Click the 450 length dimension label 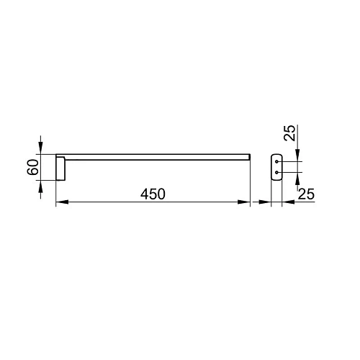coord(153,194)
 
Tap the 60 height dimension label coord(33,167)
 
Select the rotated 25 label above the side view coord(289,132)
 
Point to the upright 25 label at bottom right coord(306,194)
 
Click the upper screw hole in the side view coord(276,162)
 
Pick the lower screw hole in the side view coord(276,172)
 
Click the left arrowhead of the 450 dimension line coord(62,202)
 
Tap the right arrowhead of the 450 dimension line coord(244,202)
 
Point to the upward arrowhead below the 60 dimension coord(40,186)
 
